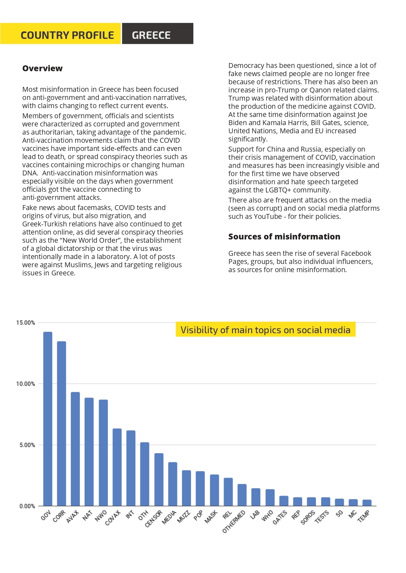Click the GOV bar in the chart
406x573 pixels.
[x=48, y=419]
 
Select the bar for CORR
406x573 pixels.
[x=62, y=424]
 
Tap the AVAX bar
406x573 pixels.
[x=75, y=449]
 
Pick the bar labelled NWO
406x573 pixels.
[x=103, y=453]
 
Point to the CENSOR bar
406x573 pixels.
[x=159, y=480]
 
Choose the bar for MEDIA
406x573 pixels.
[x=173, y=484]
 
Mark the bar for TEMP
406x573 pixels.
[x=367, y=503]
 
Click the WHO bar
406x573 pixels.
[x=270, y=498]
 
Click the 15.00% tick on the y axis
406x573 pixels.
[x=26, y=323]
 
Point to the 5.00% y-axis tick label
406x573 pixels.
[x=27, y=445]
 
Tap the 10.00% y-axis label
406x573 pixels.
[x=26, y=384]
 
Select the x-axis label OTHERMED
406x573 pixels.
[x=234, y=521]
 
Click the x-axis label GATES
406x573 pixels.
[x=280, y=517]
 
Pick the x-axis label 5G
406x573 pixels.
[x=340, y=513]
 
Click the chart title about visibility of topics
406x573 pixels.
[x=266, y=330]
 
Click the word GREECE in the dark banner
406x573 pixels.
[x=151, y=35]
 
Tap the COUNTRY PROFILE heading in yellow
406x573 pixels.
[x=67, y=35]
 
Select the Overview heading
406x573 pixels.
[x=43, y=68]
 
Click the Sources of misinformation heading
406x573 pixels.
[x=284, y=237]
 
